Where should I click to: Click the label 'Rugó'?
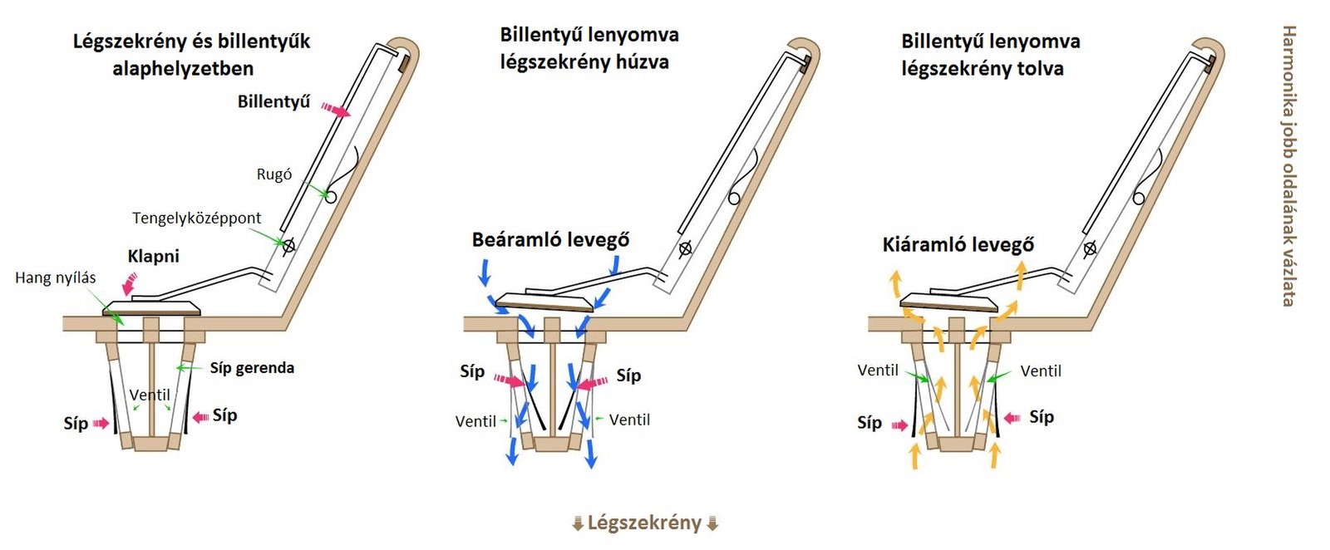[273, 174]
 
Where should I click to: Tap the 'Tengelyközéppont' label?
[196, 218]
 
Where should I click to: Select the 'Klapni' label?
[153, 256]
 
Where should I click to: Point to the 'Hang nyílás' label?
[55, 277]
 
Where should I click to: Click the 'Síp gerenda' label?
[251, 367]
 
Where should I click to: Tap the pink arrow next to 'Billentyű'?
[336, 110]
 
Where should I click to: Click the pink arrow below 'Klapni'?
[130, 285]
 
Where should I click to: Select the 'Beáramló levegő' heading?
[550, 240]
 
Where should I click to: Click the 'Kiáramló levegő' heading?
[958, 244]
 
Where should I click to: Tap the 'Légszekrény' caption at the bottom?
[644, 523]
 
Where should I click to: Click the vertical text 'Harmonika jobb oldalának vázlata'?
[1288, 165]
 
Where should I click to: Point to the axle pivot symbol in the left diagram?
[288, 246]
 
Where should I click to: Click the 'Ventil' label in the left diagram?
[150, 395]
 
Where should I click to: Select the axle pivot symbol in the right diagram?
[1090, 248]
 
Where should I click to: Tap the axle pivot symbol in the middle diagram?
[685, 248]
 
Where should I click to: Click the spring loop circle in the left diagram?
[330, 197]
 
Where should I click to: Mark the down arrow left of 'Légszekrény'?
[577, 523]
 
